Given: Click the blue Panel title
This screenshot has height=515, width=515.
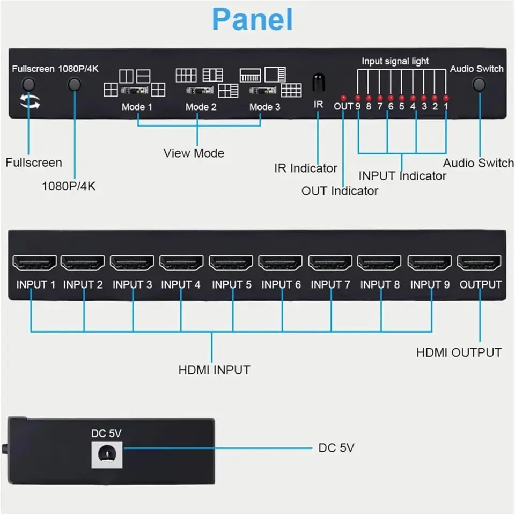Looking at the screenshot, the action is click(x=252, y=19).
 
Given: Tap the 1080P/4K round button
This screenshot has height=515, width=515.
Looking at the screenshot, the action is click(x=74, y=84).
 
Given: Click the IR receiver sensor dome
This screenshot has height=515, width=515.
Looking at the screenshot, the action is click(x=318, y=82).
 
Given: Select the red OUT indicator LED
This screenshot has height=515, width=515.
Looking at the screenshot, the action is click(x=343, y=98).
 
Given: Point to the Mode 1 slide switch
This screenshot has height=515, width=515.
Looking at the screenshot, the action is click(x=134, y=90).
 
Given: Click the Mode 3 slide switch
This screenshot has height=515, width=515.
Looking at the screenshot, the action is click(x=262, y=90).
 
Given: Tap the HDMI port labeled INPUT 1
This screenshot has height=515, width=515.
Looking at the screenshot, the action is click(x=34, y=263).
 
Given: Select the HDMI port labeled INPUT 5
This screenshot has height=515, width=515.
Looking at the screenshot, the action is click(x=231, y=263).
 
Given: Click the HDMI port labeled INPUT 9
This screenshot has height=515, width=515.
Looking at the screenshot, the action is click(x=429, y=263).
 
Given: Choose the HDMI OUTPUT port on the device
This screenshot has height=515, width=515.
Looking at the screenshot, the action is click(x=479, y=263).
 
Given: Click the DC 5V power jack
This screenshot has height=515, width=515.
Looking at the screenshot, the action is click(x=107, y=454).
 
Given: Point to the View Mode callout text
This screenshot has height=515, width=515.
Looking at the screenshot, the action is click(x=194, y=153).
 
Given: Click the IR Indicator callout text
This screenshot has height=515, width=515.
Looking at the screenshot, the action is click(x=306, y=168).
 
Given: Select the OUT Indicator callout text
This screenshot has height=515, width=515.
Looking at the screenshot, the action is click(x=340, y=191).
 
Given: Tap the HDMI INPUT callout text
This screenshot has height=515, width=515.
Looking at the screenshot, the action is click(x=214, y=370).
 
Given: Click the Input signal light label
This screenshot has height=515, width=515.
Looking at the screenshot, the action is click(x=395, y=61).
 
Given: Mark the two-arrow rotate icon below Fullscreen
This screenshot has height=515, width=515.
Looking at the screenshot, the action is click(x=30, y=101).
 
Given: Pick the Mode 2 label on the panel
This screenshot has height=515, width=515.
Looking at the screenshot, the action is click(x=201, y=107).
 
